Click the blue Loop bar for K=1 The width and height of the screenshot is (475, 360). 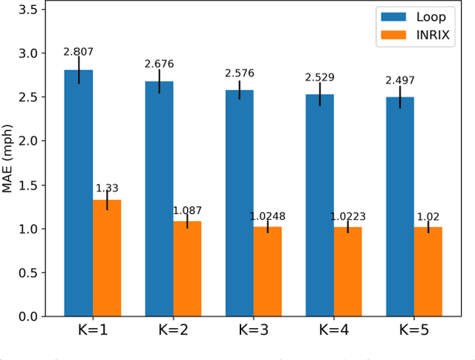(x=79, y=193)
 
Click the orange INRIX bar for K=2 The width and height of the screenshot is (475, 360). (x=187, y=268)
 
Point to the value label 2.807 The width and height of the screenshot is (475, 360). (x=79, y=52)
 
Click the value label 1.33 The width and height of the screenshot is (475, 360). (x=107, y=189)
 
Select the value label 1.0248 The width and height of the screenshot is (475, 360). (x=268, y=216)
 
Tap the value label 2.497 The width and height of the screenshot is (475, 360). (x=399, y=79)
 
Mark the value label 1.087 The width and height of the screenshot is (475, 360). (x=187, y=211)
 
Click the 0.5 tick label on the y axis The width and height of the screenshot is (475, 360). (x=30, y=272)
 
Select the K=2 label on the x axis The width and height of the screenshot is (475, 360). (x=173, y=332)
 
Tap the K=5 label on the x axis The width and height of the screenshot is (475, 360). (x=413, y=332)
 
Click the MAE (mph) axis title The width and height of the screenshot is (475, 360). (x=8, y=159)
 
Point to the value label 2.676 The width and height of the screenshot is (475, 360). (x=159, y=64)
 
